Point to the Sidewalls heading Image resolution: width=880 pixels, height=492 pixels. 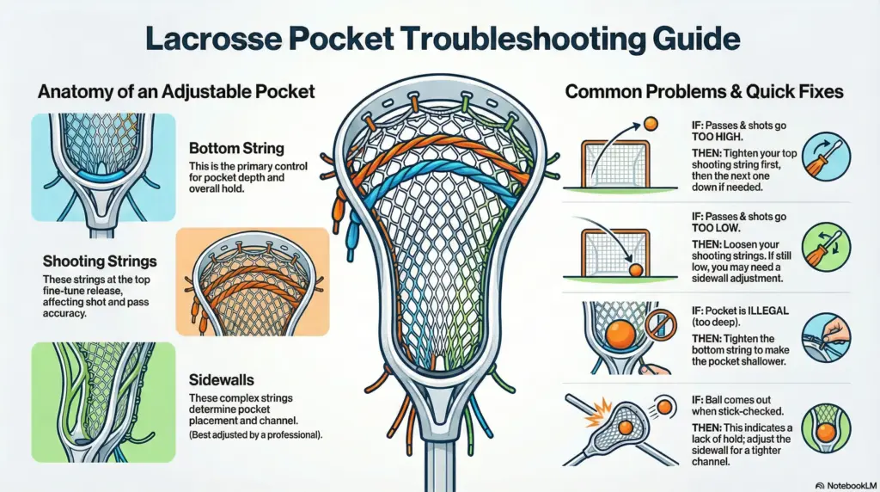pyautogui.click(x=217, y=378)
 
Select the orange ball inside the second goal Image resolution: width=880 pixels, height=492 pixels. pyautogui.click(x=636, y=269)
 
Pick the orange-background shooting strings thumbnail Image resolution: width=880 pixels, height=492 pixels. pyautogui.click(x=252, y=281)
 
